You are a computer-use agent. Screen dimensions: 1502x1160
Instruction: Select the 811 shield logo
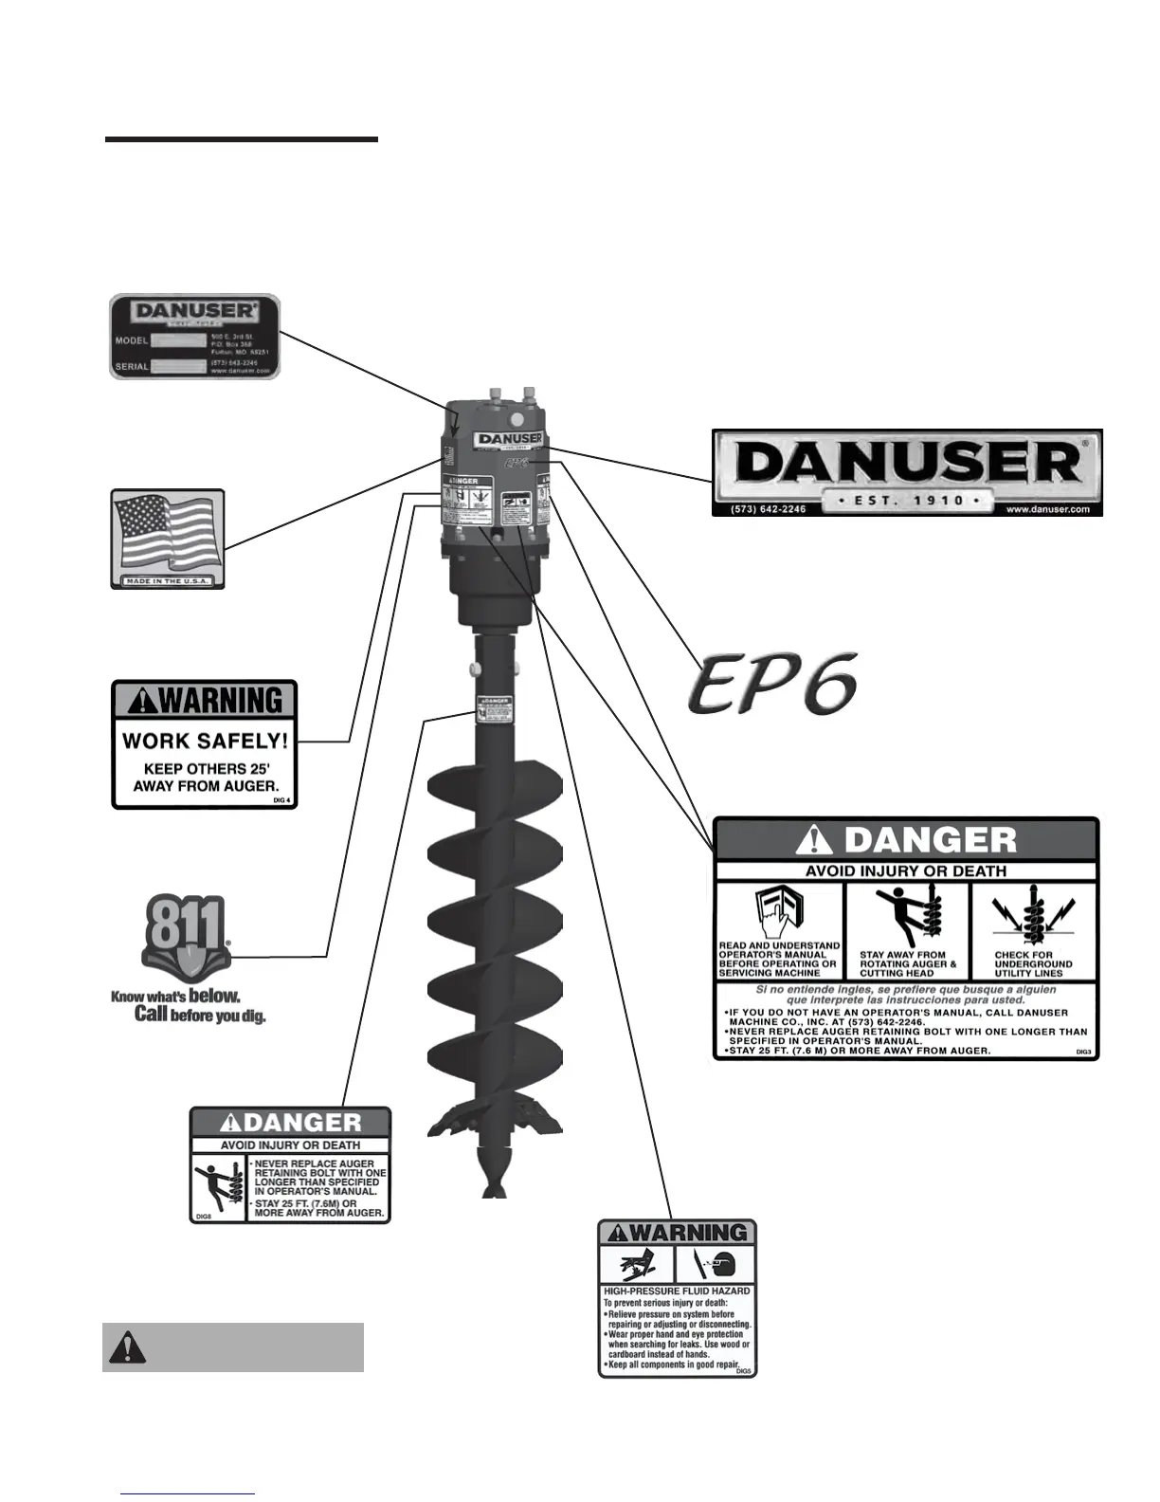coord(186,938)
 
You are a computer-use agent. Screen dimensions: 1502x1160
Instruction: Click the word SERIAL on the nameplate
coord(132,366)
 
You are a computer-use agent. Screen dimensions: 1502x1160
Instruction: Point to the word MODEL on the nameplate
coord(132,339)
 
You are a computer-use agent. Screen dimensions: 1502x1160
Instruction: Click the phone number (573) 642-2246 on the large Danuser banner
coord(769,509)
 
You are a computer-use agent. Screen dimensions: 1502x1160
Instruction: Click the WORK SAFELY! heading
coord(205,741)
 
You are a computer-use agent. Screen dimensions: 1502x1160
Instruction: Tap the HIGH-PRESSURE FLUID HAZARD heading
coord(677,1291)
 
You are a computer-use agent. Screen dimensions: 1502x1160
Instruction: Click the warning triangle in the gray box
coord(129,1346)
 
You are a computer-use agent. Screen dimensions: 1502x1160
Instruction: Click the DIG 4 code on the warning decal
coord(282,801)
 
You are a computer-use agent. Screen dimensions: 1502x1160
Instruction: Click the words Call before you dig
coord(200,1015)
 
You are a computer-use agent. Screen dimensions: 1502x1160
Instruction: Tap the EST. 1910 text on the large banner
coord(907,499)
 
